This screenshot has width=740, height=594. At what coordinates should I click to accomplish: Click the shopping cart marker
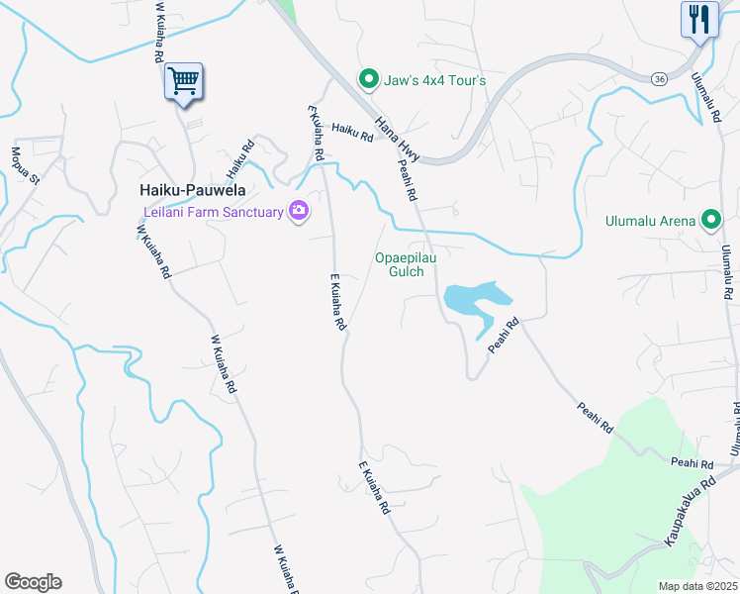coord(183,81)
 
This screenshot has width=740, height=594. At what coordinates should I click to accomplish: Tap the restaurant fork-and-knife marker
coord(698,20)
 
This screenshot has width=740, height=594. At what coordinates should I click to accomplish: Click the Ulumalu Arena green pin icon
coord(710,220)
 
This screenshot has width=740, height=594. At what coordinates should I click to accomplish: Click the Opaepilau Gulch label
coord(406,264)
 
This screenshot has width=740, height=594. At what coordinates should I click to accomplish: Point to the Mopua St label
coord(24,166)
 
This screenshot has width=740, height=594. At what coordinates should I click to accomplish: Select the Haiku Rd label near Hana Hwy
coord(351,129)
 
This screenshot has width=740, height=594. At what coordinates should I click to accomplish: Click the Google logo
coord(33,582)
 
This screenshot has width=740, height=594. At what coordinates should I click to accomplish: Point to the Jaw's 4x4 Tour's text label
coord(436,79)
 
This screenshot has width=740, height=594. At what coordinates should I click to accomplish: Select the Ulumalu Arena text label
coord(652,220)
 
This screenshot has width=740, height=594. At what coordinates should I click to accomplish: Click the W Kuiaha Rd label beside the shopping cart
coord(157,33)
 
